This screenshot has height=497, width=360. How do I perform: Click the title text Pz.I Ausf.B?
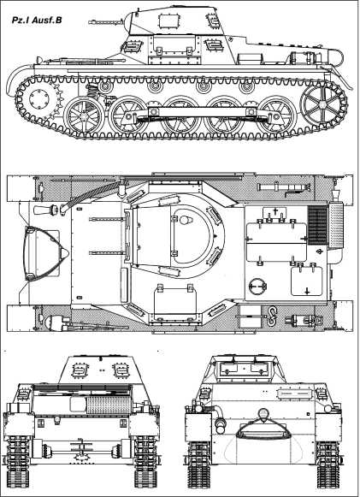(37, 21)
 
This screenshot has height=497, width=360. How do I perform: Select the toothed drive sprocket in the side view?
(39, 98)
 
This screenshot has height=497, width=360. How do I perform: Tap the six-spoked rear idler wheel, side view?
(322, 104)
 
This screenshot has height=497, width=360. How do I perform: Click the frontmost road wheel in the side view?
(84, 116)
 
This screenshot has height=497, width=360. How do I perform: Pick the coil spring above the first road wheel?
(91, 92)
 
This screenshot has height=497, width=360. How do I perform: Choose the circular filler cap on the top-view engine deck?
(257, 286)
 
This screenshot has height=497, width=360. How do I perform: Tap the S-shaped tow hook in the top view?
(271, 316)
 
